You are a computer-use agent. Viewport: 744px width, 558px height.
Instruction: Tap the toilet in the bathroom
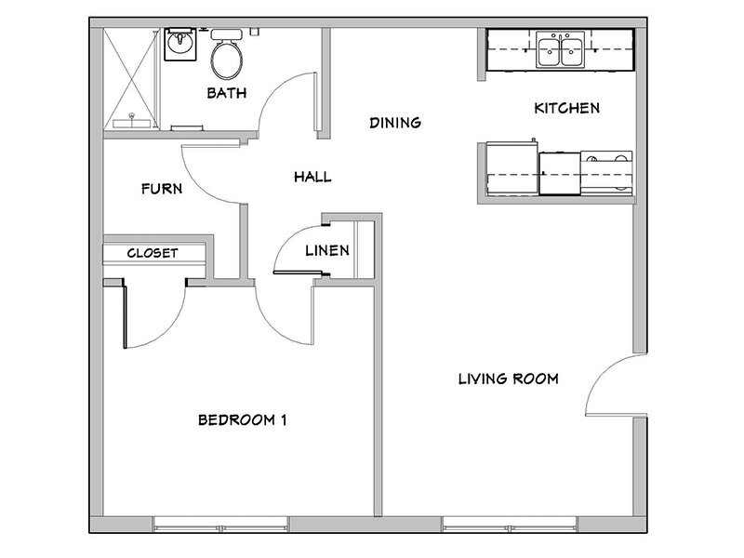click(228, 58)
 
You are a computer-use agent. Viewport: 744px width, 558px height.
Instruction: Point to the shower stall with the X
click(130, 79)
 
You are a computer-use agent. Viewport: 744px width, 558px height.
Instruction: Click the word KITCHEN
click(565, 109)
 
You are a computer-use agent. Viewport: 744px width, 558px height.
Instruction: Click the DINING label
click(395, 123)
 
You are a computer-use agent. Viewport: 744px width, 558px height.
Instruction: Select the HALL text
click(312, 177)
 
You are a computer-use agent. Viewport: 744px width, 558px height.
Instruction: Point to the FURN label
click(161, 189)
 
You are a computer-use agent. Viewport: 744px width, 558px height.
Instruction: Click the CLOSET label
click(153, 252)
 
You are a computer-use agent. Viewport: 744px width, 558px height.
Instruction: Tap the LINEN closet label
click(326, 250)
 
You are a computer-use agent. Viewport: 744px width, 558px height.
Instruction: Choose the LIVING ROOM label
click(508, 379)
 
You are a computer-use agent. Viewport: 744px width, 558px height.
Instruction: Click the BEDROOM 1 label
click(242, 419)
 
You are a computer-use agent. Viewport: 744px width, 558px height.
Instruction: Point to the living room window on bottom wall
click(507, 524)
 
